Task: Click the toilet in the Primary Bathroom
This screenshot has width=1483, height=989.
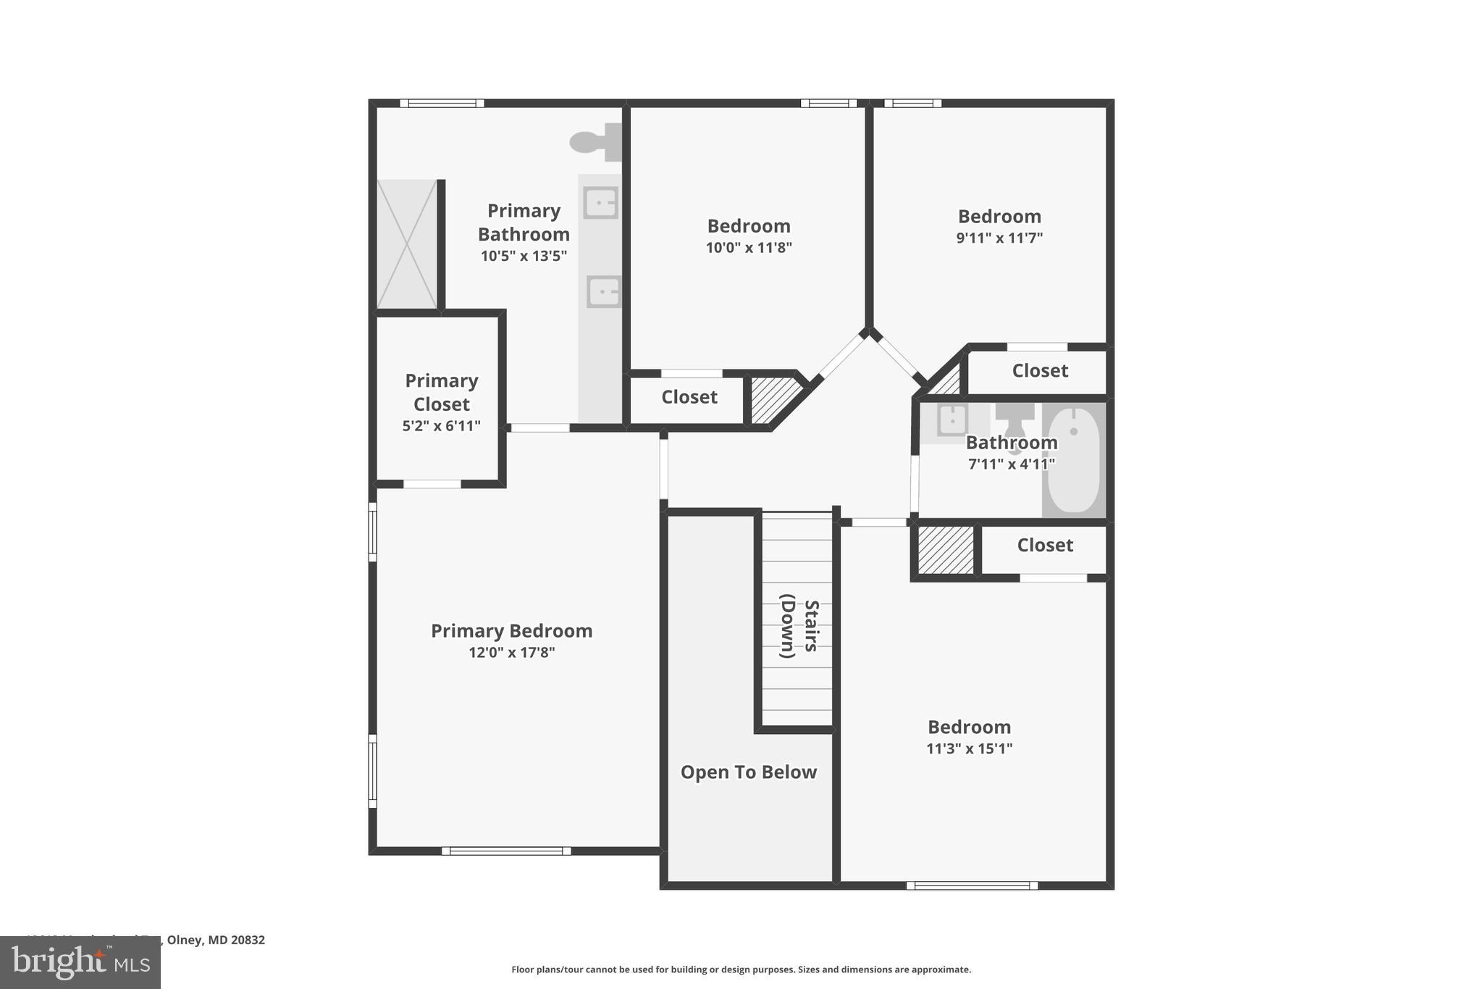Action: click(x=595, y=142)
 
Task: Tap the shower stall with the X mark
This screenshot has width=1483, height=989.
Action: click(x=407, y=244)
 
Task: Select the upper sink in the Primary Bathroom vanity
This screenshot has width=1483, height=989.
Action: click(x=601, y=202)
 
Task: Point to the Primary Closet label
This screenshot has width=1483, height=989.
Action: click(x=441, y=392)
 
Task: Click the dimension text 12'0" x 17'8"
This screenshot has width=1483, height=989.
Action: click(x=511, y=652)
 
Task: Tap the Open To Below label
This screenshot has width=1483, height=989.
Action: click(x=748, y=772)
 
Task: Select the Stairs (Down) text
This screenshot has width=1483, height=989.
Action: click(x=799, y=626)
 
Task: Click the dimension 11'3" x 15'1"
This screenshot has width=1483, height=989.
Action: click(x=969, y=748)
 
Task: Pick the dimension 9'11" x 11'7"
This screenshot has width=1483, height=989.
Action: click(x=999, y=238)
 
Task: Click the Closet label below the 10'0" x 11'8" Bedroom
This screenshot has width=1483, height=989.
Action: click(x=689, y=397)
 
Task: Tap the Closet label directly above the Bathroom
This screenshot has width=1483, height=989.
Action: click(x=1039, y=371)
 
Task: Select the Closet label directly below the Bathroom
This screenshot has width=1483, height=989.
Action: click(x=1044, y=545)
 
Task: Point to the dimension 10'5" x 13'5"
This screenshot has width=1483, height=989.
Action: click(x=524, y=256)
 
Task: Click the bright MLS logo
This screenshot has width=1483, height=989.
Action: click(x=80, y=962)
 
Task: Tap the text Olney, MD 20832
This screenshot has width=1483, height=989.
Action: click(x=216, y=940)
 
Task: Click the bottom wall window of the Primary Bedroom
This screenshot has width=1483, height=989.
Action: click(x=506, y=851)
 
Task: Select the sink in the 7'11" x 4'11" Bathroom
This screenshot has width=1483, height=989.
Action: click(x=952, y=419)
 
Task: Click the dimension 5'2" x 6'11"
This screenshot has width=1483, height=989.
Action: click(x=441, y=426)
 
